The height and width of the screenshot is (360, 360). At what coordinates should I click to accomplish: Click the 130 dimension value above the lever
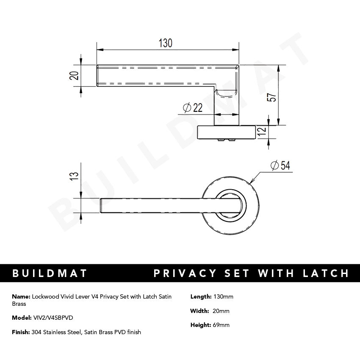point(166,43)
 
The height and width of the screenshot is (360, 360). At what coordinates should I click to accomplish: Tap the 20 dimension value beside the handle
point(74,75)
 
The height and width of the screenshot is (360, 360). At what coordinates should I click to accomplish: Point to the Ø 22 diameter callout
point(193,108)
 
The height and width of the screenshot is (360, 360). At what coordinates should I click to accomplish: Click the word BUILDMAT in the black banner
point(50,273)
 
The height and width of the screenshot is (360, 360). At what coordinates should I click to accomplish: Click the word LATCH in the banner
point(325,273)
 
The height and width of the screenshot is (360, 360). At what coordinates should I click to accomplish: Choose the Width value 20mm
point(221,311)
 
